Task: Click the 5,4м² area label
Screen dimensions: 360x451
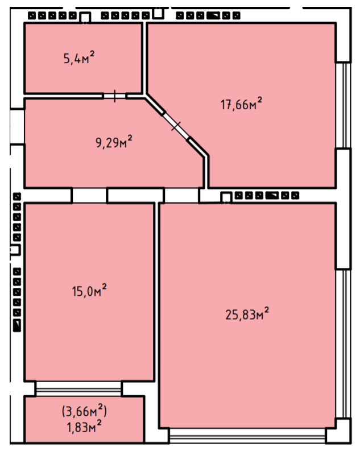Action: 79,57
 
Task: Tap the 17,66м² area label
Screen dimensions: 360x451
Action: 241,104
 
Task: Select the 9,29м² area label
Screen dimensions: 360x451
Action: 114,142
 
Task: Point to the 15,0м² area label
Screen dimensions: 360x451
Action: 89,291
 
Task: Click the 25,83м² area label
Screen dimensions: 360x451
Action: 247,314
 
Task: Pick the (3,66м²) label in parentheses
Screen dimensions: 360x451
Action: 84,411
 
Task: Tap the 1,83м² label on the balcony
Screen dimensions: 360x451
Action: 84,427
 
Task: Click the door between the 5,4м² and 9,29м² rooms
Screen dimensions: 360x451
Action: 115,96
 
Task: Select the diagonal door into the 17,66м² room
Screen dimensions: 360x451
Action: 176,126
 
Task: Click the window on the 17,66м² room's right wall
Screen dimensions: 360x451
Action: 344,105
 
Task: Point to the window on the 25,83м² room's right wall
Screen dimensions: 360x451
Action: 344,344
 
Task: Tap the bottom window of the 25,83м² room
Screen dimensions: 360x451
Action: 247,436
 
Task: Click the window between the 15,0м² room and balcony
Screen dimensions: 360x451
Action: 78,388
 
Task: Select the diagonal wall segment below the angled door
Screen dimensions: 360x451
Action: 198,147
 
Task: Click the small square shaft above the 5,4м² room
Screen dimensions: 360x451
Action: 85,18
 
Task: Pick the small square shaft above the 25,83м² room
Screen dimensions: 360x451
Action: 226,198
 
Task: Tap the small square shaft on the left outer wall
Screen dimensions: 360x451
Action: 15,250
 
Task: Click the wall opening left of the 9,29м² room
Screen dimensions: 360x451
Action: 17,127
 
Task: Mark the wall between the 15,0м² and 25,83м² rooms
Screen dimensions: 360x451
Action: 157,315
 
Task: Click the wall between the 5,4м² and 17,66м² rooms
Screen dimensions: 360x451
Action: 144,58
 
